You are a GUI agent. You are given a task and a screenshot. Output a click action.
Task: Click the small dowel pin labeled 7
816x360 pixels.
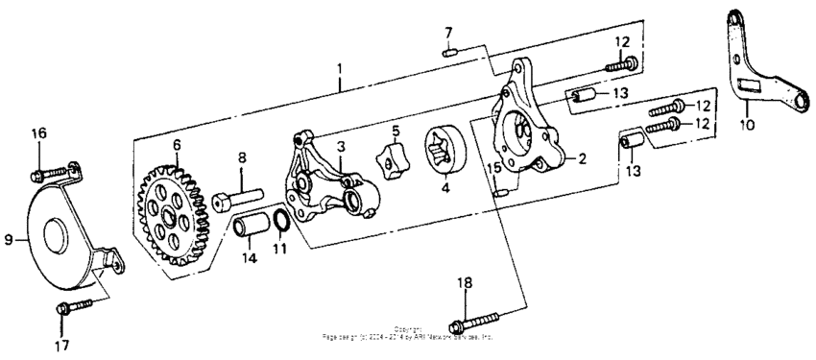448,53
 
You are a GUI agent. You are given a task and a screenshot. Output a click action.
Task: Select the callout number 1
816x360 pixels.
339,70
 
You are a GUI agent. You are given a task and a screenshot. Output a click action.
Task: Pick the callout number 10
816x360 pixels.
749,125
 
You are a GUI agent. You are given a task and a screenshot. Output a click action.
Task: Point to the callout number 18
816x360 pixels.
466,282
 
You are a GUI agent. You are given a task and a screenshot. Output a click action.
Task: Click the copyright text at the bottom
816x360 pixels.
408,335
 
